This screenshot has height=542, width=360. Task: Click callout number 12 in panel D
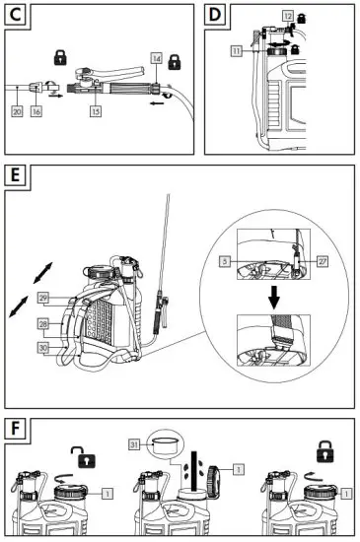tap(287, 17)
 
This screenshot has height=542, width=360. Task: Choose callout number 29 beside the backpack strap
tap(42, 298)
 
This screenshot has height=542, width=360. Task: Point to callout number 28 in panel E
tap(42, 322)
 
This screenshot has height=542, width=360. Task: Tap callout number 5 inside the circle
tap(226, 260)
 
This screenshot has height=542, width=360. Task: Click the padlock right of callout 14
tap(175, 63)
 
